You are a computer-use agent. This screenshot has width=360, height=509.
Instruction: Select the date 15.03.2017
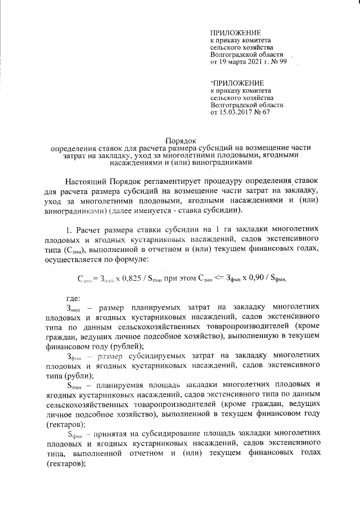[x=239, y=113]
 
